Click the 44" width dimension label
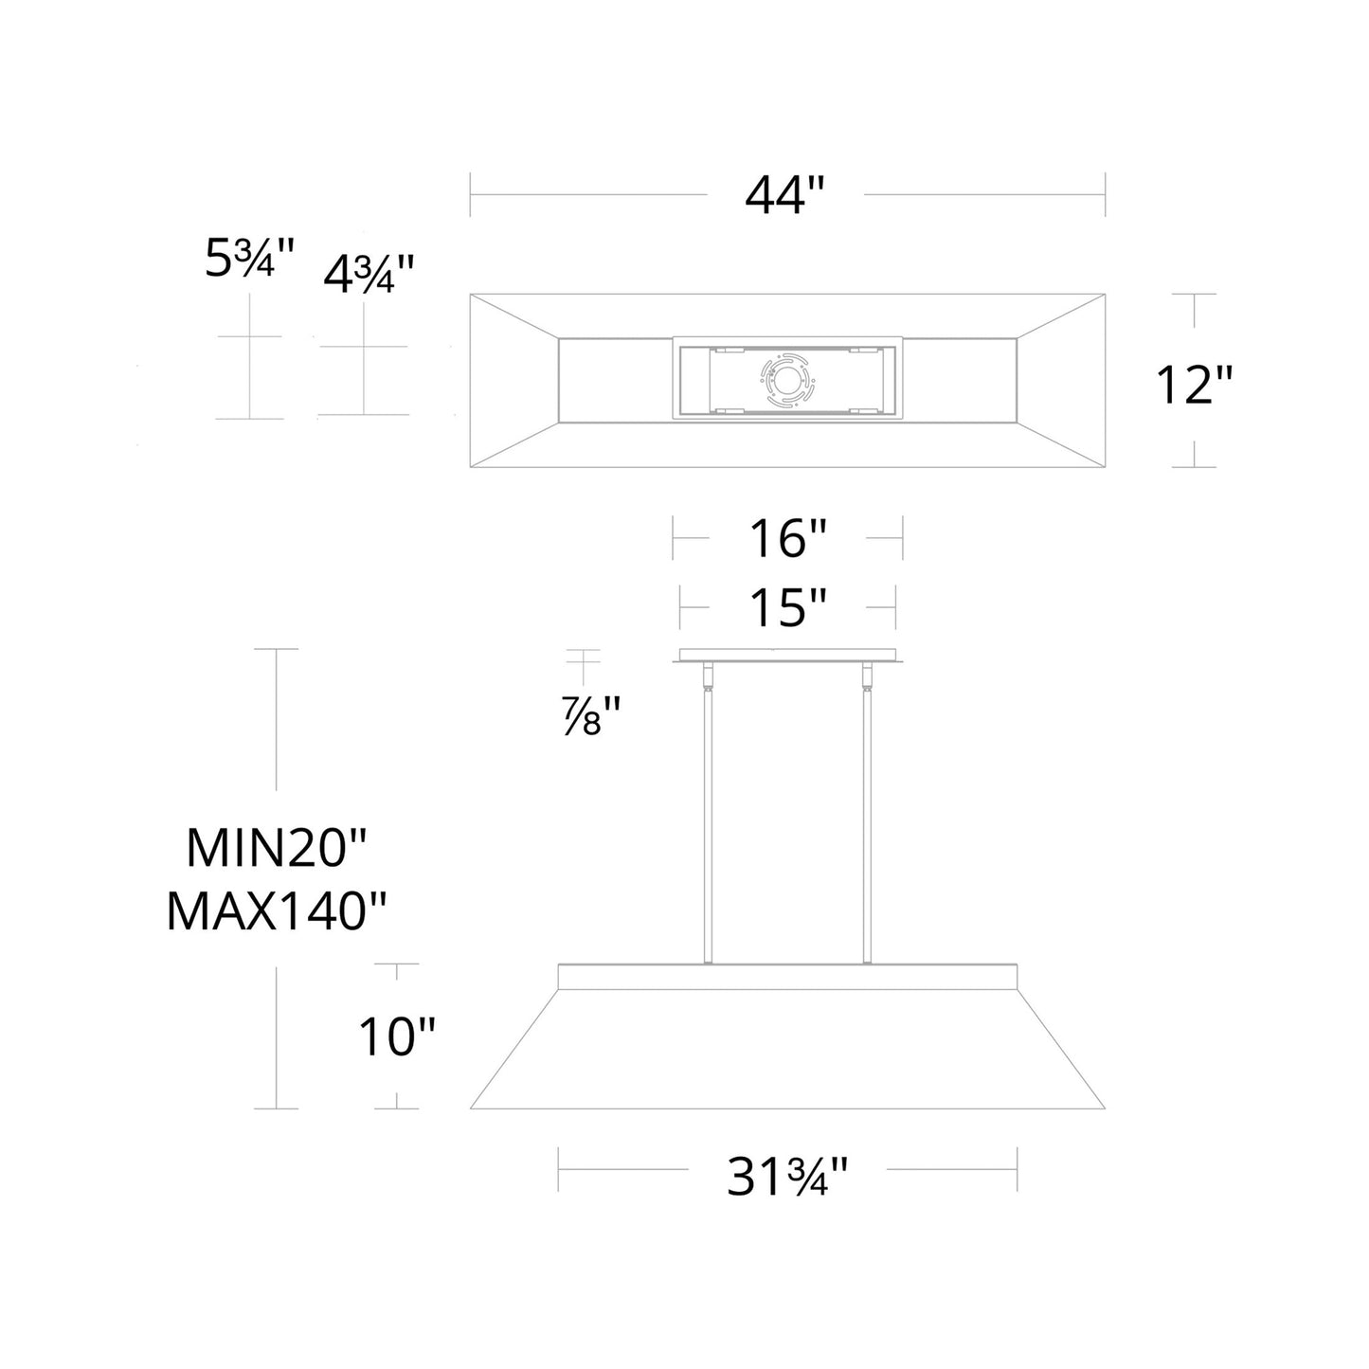(x=785, y=196)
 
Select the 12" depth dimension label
(x=1194, y=384)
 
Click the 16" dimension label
(x=787, y=539)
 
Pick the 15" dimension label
(x=787, y=607)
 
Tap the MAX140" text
(x=277, y=911)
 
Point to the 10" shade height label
(x=396, y=1037)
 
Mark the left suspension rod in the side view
(x=706, y=824)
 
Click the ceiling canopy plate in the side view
(x=787, y=655)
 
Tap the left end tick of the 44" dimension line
(x=471, y=195)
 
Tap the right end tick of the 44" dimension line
(x=1105, y=195)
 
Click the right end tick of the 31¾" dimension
(x=1017, y=1169)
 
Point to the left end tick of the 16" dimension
(x=673, y=538)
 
